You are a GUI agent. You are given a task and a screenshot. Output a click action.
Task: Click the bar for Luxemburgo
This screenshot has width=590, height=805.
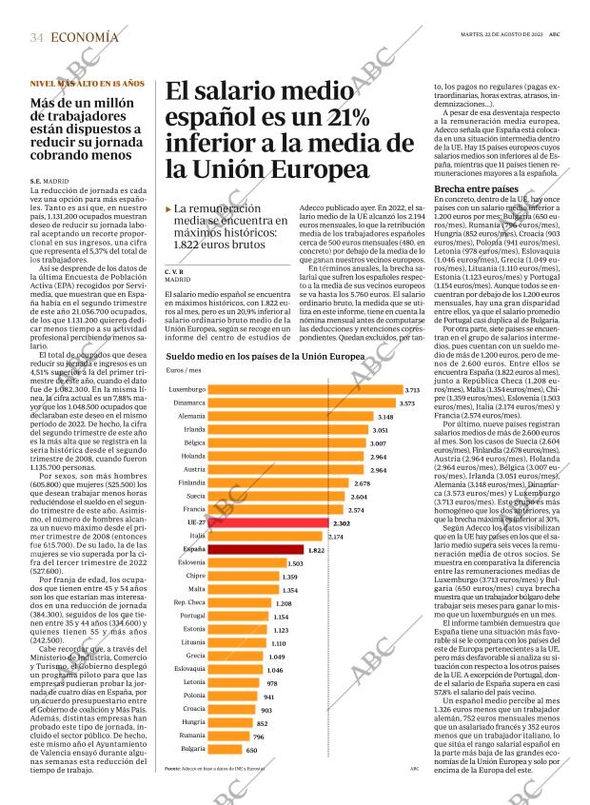point(305,363)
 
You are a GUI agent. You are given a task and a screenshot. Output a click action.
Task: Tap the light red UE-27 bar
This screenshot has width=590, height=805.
point(267,523)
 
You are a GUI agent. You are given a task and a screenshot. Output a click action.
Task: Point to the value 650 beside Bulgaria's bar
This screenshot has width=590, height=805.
point(251,750)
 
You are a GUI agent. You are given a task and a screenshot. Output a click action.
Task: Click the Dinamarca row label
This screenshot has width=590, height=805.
point(188,377)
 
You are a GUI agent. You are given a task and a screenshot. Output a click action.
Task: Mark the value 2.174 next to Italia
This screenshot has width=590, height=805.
point(335,537)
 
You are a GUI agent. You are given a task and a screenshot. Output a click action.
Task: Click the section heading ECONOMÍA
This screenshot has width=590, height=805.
point(85,37)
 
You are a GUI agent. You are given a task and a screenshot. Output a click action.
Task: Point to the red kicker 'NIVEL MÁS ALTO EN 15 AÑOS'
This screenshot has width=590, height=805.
point(87,84)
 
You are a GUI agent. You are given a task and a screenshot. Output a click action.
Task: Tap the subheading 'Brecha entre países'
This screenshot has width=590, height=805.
point(476,188)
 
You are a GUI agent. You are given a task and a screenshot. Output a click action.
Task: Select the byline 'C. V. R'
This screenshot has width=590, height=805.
point(177,271)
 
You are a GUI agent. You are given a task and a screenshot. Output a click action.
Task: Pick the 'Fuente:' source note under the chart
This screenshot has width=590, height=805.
point(172,768)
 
